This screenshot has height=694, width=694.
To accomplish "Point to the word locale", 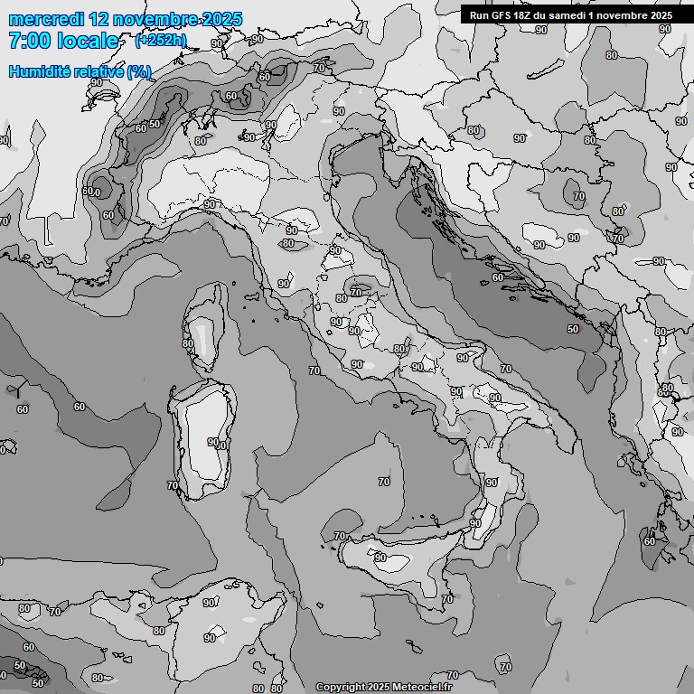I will pyautogui.click(x=87, y=41).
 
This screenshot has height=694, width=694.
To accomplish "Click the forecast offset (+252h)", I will pyautogui.click(x=160, y=41).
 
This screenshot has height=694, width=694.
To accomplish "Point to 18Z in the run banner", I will pyautogui.click(x=525, y=15).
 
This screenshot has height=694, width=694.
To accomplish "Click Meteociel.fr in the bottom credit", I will pyautogui.click(x=434, y=687).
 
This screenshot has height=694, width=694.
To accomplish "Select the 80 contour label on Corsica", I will pyautogui.click(x=188, y=343).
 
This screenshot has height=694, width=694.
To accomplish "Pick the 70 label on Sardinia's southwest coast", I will pyautogui.click(x=173, y=485).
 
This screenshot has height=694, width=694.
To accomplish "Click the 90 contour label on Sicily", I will pyautogui.click(x=380, y=558).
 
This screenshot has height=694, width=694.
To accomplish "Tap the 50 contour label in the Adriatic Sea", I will pyautogui.click(x=573, y=330).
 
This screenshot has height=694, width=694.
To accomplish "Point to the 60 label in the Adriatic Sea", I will pyautogui.click(x=498, y=277).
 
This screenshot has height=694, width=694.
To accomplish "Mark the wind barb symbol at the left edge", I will pyautogui.click(x=17, y=389).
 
